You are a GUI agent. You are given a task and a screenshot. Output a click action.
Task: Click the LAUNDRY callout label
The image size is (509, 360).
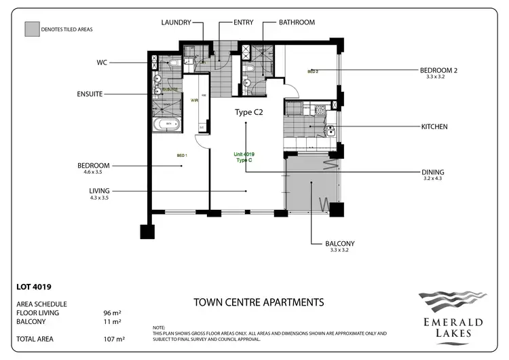tap(179, 22)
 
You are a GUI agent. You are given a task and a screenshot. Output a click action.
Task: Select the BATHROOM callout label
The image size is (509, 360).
tap(297, 22)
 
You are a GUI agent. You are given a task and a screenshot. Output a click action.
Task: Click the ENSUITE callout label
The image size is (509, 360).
tap(90, 94)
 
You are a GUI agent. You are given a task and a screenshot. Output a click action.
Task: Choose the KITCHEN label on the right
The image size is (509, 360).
tap(434, 126)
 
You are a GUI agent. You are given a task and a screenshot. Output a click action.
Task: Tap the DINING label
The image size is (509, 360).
tap(432, 173)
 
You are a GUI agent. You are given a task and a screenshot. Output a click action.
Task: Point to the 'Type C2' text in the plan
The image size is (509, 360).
tap(248, 112)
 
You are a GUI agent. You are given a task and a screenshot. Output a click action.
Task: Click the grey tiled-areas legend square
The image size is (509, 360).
tap(31, 30)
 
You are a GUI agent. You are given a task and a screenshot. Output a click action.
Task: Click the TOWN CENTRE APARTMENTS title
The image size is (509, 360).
tap(259, 302)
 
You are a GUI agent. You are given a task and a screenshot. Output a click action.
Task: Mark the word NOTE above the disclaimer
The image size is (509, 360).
tap(160, 327)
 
